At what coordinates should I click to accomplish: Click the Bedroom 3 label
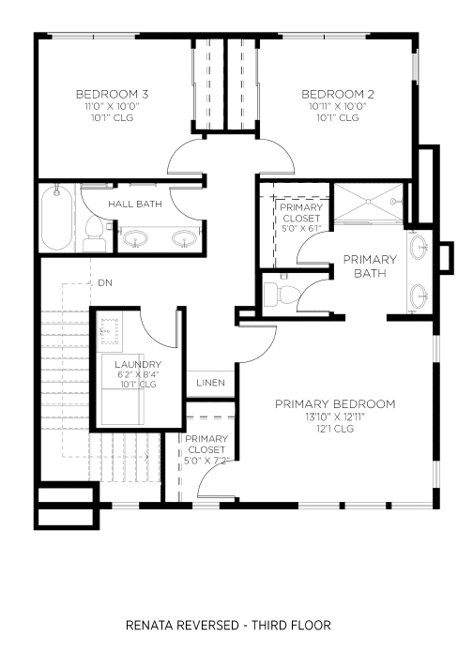click(x=112, y=95)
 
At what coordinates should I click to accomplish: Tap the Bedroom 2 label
click(x=338, y=95)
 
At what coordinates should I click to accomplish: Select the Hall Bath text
click(x=135, y=205)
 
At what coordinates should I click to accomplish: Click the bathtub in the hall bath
click(x=57, y=219)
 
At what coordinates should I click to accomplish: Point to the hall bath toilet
click(x=94, y=235)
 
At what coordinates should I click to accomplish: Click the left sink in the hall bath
click(x=136, y=239)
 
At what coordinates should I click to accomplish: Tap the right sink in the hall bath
click(x=184, y=239)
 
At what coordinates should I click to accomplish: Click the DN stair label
click(x=105, y=283)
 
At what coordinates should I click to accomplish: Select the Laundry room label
click(x=138, y=365)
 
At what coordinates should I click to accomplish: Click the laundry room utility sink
click(x=110, y=330)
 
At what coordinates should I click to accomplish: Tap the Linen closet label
click(x=210, y=383)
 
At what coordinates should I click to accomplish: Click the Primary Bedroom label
click(x=335, y=404)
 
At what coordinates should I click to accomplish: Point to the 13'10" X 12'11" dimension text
click(x=335, y=417)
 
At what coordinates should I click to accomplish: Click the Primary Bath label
click(x=370, y=266)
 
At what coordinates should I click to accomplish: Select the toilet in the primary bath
click(x=282, y=293)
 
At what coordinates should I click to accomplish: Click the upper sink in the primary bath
click(x=419, y=247)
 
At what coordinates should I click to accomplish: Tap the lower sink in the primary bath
click(x=419, y=296)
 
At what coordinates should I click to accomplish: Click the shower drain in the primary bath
click(x=369, y=202)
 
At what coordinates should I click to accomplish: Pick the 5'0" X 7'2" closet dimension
click(x=206, y=461)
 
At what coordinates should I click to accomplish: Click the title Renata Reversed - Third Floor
click(x=228, y=626)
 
